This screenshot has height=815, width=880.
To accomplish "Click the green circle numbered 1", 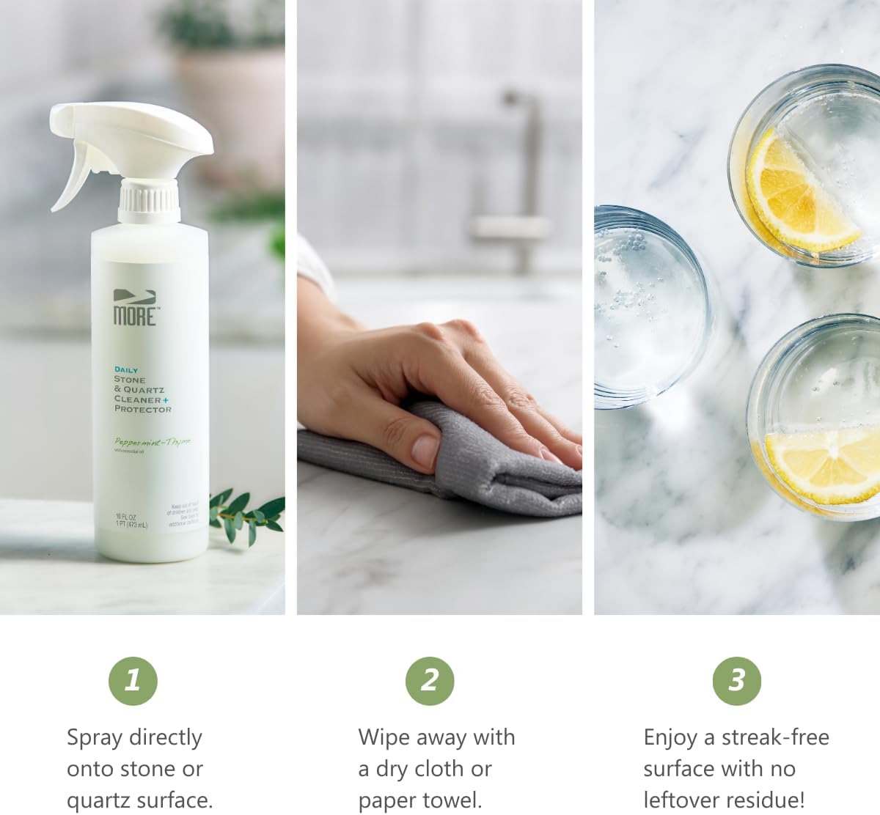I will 133,681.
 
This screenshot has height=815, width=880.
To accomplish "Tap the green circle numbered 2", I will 430,681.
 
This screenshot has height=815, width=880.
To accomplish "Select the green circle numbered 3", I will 736,681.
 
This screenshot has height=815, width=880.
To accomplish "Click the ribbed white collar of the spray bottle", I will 149,201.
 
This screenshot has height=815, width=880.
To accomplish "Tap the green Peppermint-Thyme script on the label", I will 152,441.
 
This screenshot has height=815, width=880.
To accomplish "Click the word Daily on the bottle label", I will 125,370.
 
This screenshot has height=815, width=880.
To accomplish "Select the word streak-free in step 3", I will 775,737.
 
